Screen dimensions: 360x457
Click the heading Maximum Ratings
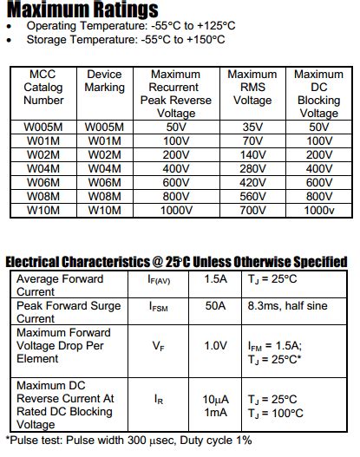coord(83,10)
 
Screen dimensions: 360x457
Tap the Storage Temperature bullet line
coord(126,39)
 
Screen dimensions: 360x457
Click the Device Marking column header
coord(104,81)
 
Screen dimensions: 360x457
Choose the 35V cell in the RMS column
coord(252,127)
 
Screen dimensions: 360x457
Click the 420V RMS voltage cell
coord(252,182)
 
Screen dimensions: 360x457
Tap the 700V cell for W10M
coord(252,210)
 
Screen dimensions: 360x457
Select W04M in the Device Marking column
coord(104,168)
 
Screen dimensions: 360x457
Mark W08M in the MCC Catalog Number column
coord(43,196)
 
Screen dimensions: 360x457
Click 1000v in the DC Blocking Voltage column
coord(318,210)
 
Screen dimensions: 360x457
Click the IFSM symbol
coord(159,307)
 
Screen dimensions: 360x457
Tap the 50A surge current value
coord(215,306)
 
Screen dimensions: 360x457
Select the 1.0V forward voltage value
coord(215,345)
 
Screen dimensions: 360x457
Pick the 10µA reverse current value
coord(215,399)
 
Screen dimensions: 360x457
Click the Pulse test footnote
coord(130,441)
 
